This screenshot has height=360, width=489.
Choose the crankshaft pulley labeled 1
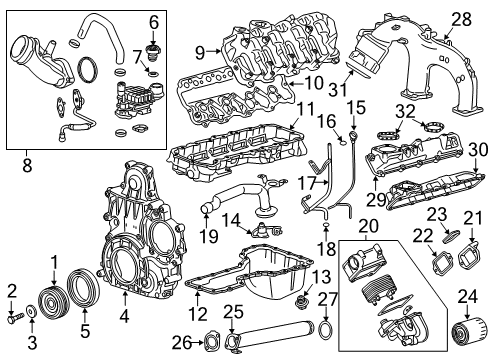click(x=50, y=304)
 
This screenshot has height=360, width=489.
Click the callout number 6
click(x=154, y=22)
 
